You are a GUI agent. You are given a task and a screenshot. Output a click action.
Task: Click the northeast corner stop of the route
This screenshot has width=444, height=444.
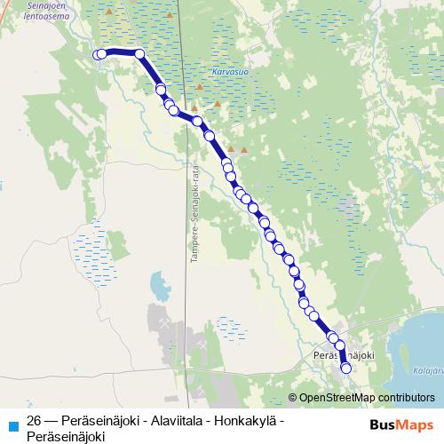tap(139, 54)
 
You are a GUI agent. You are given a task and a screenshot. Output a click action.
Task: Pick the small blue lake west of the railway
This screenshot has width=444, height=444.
tap(160, 286)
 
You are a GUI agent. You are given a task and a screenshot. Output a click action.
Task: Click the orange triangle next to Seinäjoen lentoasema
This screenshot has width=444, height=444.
tap(109, 12)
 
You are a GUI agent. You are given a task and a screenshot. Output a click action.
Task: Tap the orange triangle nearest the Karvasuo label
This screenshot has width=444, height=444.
tap(200, 87)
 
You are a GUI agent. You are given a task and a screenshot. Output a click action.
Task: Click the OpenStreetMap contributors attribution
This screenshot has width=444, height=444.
tap(365, 397)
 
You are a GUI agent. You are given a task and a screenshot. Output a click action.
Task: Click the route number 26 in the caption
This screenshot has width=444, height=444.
tap(35, 421)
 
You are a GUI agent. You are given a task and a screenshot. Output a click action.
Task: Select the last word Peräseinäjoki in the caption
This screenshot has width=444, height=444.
tap(66, 436)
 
